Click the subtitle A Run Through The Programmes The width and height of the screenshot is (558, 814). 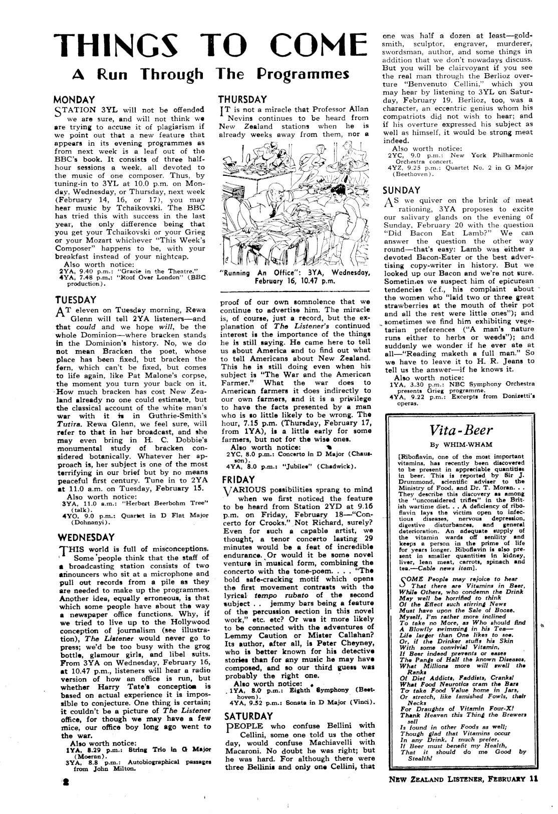(x=210, y=74)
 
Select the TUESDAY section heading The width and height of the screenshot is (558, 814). (x=75, y=301)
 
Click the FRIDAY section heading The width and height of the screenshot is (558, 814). (x=238, y=479)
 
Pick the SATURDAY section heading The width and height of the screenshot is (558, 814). (x=245, y=715)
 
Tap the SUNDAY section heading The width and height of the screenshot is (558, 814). (x=401, y=190)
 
